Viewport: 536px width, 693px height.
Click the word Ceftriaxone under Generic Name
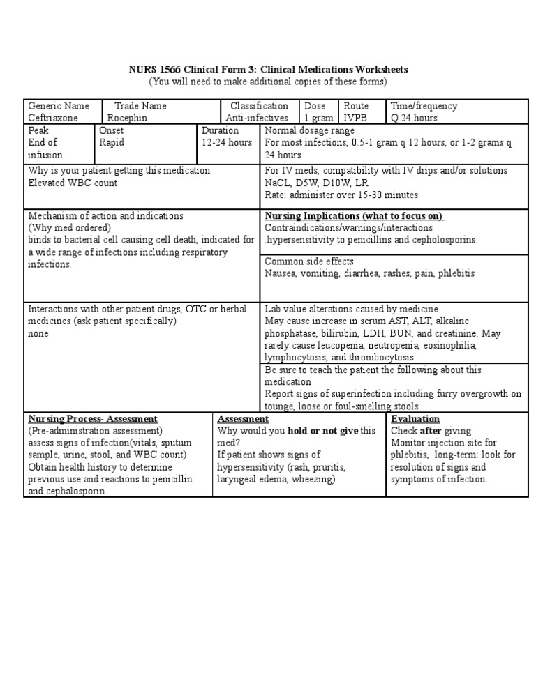tap(53, 118)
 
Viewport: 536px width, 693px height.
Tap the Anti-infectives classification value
tap(256, 118)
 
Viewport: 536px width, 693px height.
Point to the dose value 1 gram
tap(318, 118)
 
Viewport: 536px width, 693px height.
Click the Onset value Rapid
tap(112, 142)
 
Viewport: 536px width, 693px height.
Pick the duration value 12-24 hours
tap(227, 142)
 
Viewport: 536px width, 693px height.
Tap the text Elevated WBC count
tap(73, 183)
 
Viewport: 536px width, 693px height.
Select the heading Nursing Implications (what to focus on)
tap(354, 215)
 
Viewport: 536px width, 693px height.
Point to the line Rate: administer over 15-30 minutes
tap(341, 195)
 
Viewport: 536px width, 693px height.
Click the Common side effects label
tap(309, 261)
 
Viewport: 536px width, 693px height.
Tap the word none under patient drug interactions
tap(38, 333)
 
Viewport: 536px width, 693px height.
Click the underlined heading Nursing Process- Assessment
tap(92, 418)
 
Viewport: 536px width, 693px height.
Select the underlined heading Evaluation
tap(415, 418)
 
